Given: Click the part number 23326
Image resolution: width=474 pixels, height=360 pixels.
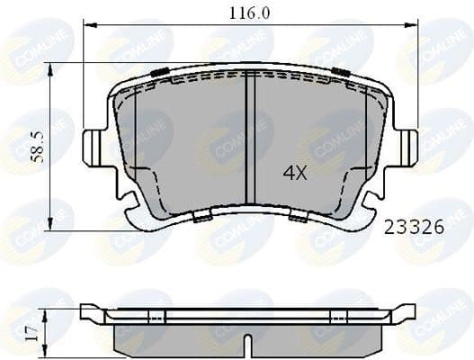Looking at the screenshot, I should pyautogui.click(x=413, y=228).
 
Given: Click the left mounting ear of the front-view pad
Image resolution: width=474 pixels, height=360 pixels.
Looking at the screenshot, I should pyautogui.click(x=94, y=147).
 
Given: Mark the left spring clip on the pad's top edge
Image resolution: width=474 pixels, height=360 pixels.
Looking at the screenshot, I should pyautogui.click(x=160, y=73).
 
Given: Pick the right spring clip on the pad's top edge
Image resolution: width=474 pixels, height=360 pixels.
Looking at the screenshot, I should pyautogui.click(x=339, y=71).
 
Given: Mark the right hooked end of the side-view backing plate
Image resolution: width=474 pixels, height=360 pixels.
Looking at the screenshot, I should pyautogui.click(x=410, y=312).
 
